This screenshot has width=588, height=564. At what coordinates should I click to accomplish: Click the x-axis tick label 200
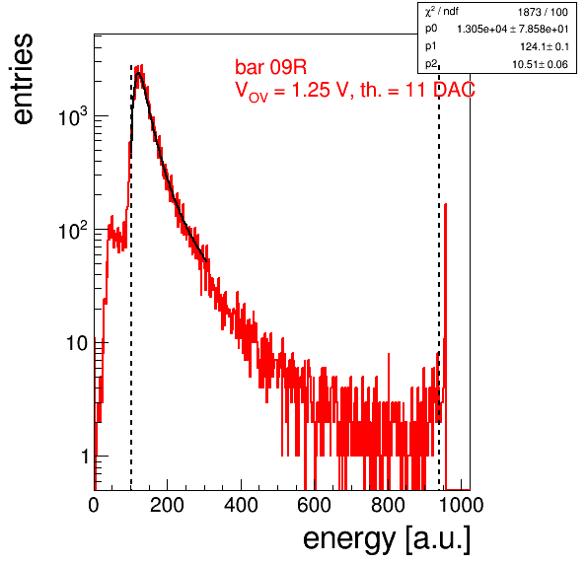(167, 505)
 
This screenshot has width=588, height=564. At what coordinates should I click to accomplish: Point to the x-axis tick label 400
(241, 505)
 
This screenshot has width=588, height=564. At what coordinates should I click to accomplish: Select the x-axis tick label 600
(315, 505)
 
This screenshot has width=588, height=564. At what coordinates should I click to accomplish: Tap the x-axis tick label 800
(388, 505)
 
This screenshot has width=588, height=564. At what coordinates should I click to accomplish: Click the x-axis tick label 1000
(461, 505)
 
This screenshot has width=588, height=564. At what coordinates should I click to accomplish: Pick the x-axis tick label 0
(94, 505)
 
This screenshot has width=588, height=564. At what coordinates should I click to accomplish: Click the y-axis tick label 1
(85, 457)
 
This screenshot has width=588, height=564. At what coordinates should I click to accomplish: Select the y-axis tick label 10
(77, 343)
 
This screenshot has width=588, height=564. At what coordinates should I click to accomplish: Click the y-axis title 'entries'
(24, 79)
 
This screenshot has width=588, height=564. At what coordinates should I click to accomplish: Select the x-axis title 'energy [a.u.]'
(387, 540)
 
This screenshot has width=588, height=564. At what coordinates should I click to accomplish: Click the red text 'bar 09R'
(270, 67)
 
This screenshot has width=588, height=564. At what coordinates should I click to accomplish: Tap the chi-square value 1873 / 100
(543, 13)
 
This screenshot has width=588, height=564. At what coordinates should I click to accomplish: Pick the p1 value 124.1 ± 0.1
(545, 47)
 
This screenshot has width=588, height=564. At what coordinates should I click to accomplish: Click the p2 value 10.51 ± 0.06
(540, 64)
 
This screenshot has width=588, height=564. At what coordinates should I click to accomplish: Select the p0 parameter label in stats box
(431, 29)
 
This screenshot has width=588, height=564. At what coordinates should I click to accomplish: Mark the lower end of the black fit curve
(206, 260)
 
